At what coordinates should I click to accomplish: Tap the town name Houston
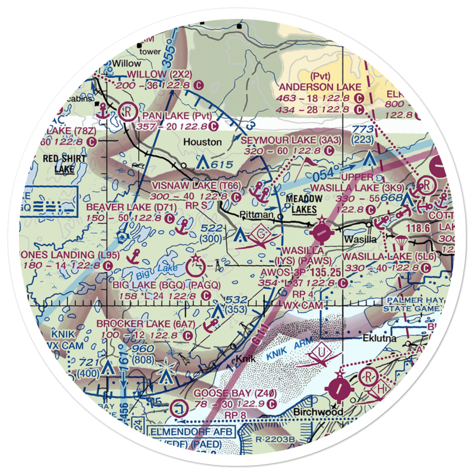(x=202, y=142)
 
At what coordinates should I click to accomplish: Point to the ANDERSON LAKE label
(x=320, y=87)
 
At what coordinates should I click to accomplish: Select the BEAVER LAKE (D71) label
(x=131, y=207)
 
